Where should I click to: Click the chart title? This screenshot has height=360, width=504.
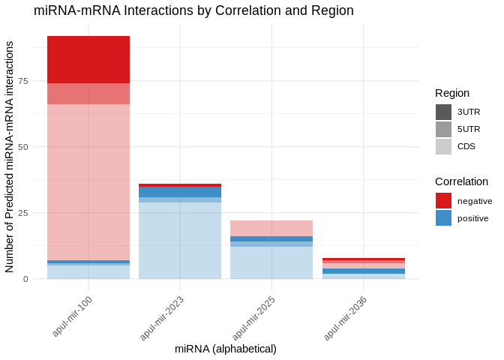click(x=193, y=10)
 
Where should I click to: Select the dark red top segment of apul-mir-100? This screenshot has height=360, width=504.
click(x=88, y=59)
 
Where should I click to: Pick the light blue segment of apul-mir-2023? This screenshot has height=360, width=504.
click(x=180, y=240)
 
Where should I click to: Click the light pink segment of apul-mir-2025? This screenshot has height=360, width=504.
click(x=271, y=228)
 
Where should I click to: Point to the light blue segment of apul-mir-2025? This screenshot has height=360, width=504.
click(x=271, y=262)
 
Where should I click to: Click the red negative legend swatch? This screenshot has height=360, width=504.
click(x=443, y=200)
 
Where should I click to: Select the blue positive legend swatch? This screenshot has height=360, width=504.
click(x=443, y=217)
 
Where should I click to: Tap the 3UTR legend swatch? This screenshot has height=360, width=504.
click(x=443, y=112)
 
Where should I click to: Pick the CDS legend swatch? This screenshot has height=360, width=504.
click(x=443, y=146)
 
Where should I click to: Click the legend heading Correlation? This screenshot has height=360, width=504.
click(x=461, y=181)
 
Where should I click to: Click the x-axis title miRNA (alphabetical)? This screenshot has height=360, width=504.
click(x=226, y=349)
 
